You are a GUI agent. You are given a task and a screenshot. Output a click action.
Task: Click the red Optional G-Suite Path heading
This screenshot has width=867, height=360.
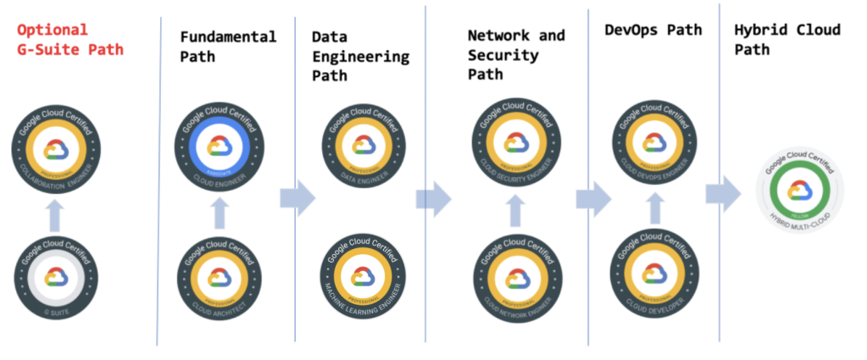pos(70,40)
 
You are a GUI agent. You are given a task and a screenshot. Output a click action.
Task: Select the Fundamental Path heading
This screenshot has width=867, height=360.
pos(228,47)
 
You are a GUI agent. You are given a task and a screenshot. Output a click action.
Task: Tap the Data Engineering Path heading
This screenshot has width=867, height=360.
pos(360,57)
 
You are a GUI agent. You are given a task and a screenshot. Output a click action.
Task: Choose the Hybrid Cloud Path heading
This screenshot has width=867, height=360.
pos(787,39)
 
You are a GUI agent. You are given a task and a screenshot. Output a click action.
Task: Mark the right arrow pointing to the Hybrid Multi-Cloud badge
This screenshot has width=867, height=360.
pos(724,194)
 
